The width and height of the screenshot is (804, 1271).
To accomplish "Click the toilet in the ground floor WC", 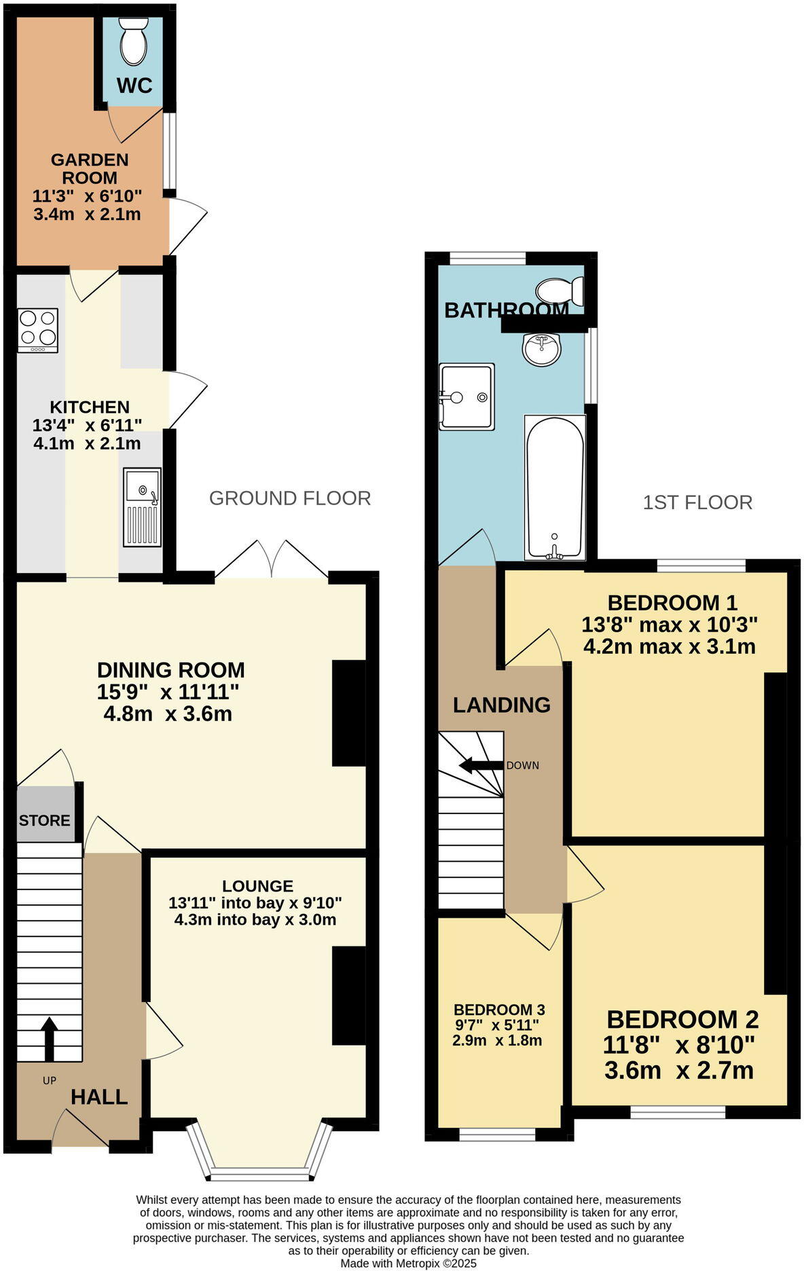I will (x=133, y=40).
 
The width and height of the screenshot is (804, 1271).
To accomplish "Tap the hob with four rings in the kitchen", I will (x=38, y=330).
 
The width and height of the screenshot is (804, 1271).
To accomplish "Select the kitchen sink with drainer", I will (x=143, y=506).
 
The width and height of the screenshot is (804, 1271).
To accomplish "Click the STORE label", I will (x=44, y=820).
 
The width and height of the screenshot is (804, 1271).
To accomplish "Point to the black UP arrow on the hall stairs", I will (x=49, y=1038).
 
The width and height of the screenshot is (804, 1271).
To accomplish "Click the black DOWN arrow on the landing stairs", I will (x=481, y=765).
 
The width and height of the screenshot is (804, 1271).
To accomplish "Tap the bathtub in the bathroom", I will (x=555, y=487).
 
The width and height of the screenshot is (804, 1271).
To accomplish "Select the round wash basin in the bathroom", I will (x=541, y=349).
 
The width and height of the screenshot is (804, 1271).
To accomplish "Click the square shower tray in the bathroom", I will (x=467, y=397).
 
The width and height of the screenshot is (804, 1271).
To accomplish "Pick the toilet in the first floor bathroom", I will (x=560, y=291).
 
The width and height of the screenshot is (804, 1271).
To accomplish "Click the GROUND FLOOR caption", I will (x=290, y=498).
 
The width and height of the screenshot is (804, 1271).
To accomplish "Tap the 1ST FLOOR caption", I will (x=697, y=502).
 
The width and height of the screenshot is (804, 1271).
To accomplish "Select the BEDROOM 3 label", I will (x=499, y=1010).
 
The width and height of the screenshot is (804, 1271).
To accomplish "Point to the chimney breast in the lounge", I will (x=348, y=995).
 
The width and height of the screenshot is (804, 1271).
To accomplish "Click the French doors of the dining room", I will (x=272, y=561).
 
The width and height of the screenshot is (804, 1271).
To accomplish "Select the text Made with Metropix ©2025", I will (x=408, y=1264).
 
